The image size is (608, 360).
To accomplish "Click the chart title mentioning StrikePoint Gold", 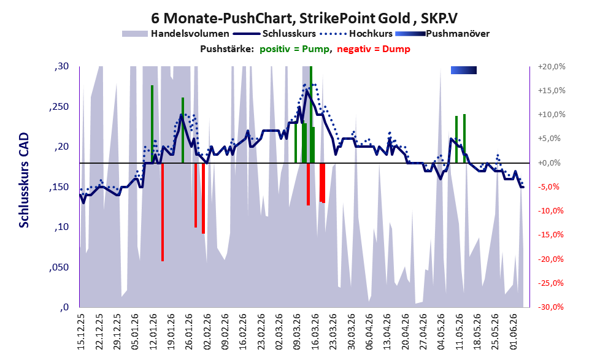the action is point(304,18).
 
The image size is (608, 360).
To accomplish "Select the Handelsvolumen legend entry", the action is point(175,34).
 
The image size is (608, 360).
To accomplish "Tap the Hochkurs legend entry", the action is point(356,34).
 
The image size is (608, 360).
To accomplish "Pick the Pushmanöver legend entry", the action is point(442,34).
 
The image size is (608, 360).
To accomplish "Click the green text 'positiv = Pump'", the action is point(295,49).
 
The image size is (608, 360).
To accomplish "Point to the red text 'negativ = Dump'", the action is point(374,49).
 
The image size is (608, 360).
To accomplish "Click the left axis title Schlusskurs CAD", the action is point(24,180).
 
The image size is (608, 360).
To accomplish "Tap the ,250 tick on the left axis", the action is point(59,107).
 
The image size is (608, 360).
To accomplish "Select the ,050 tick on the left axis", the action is point(59,267).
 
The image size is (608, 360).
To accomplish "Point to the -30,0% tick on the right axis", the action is point(550,307).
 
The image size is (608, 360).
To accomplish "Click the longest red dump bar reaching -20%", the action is point(163,212).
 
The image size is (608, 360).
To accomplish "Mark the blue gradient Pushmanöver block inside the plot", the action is point(464,70).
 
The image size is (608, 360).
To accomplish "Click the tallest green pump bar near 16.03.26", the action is point(311,114).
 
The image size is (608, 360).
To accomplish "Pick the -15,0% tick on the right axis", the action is point(550,235).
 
